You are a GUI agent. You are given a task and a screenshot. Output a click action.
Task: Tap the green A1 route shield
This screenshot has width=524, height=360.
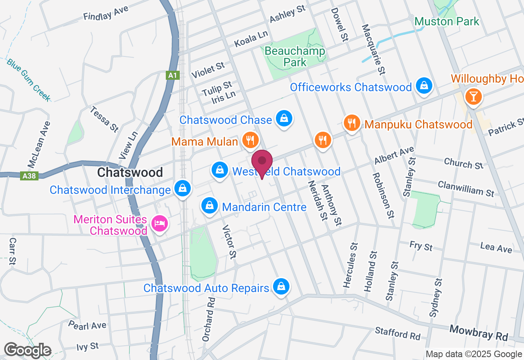tap(172, 75)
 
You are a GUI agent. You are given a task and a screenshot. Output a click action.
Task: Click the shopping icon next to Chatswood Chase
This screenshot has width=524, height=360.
tap(283, 119)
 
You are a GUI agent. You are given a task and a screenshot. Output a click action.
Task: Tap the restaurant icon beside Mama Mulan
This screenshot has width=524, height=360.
tap(250, 140)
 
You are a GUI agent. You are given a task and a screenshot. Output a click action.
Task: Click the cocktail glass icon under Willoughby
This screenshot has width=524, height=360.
tap(474, 97)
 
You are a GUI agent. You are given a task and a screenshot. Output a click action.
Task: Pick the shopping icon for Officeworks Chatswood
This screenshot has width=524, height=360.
tap(425, 86)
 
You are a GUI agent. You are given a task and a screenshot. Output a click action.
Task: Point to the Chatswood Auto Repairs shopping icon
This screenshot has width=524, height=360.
tap(281, 287)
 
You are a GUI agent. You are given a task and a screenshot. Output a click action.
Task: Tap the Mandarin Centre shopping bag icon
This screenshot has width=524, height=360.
tap(210, 205)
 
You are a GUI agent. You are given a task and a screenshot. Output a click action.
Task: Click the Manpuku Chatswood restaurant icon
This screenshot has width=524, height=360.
tap(352, 123)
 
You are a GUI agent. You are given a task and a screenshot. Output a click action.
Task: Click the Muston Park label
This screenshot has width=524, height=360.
tap(447, 21)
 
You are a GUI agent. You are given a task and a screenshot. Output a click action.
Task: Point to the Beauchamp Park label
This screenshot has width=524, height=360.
tap(295, 57)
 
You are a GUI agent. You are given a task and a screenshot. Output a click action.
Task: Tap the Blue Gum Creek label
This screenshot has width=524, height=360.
tap(29, 79)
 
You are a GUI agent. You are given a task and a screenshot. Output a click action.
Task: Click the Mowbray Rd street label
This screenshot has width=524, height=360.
tap(479, 333)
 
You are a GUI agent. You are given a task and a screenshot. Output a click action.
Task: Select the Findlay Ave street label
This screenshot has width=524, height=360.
tap(106, 13)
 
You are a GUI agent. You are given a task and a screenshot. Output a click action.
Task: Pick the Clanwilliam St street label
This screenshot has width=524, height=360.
tap(466, 189)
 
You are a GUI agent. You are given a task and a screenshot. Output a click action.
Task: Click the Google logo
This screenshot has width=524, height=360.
tap(27, 350)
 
